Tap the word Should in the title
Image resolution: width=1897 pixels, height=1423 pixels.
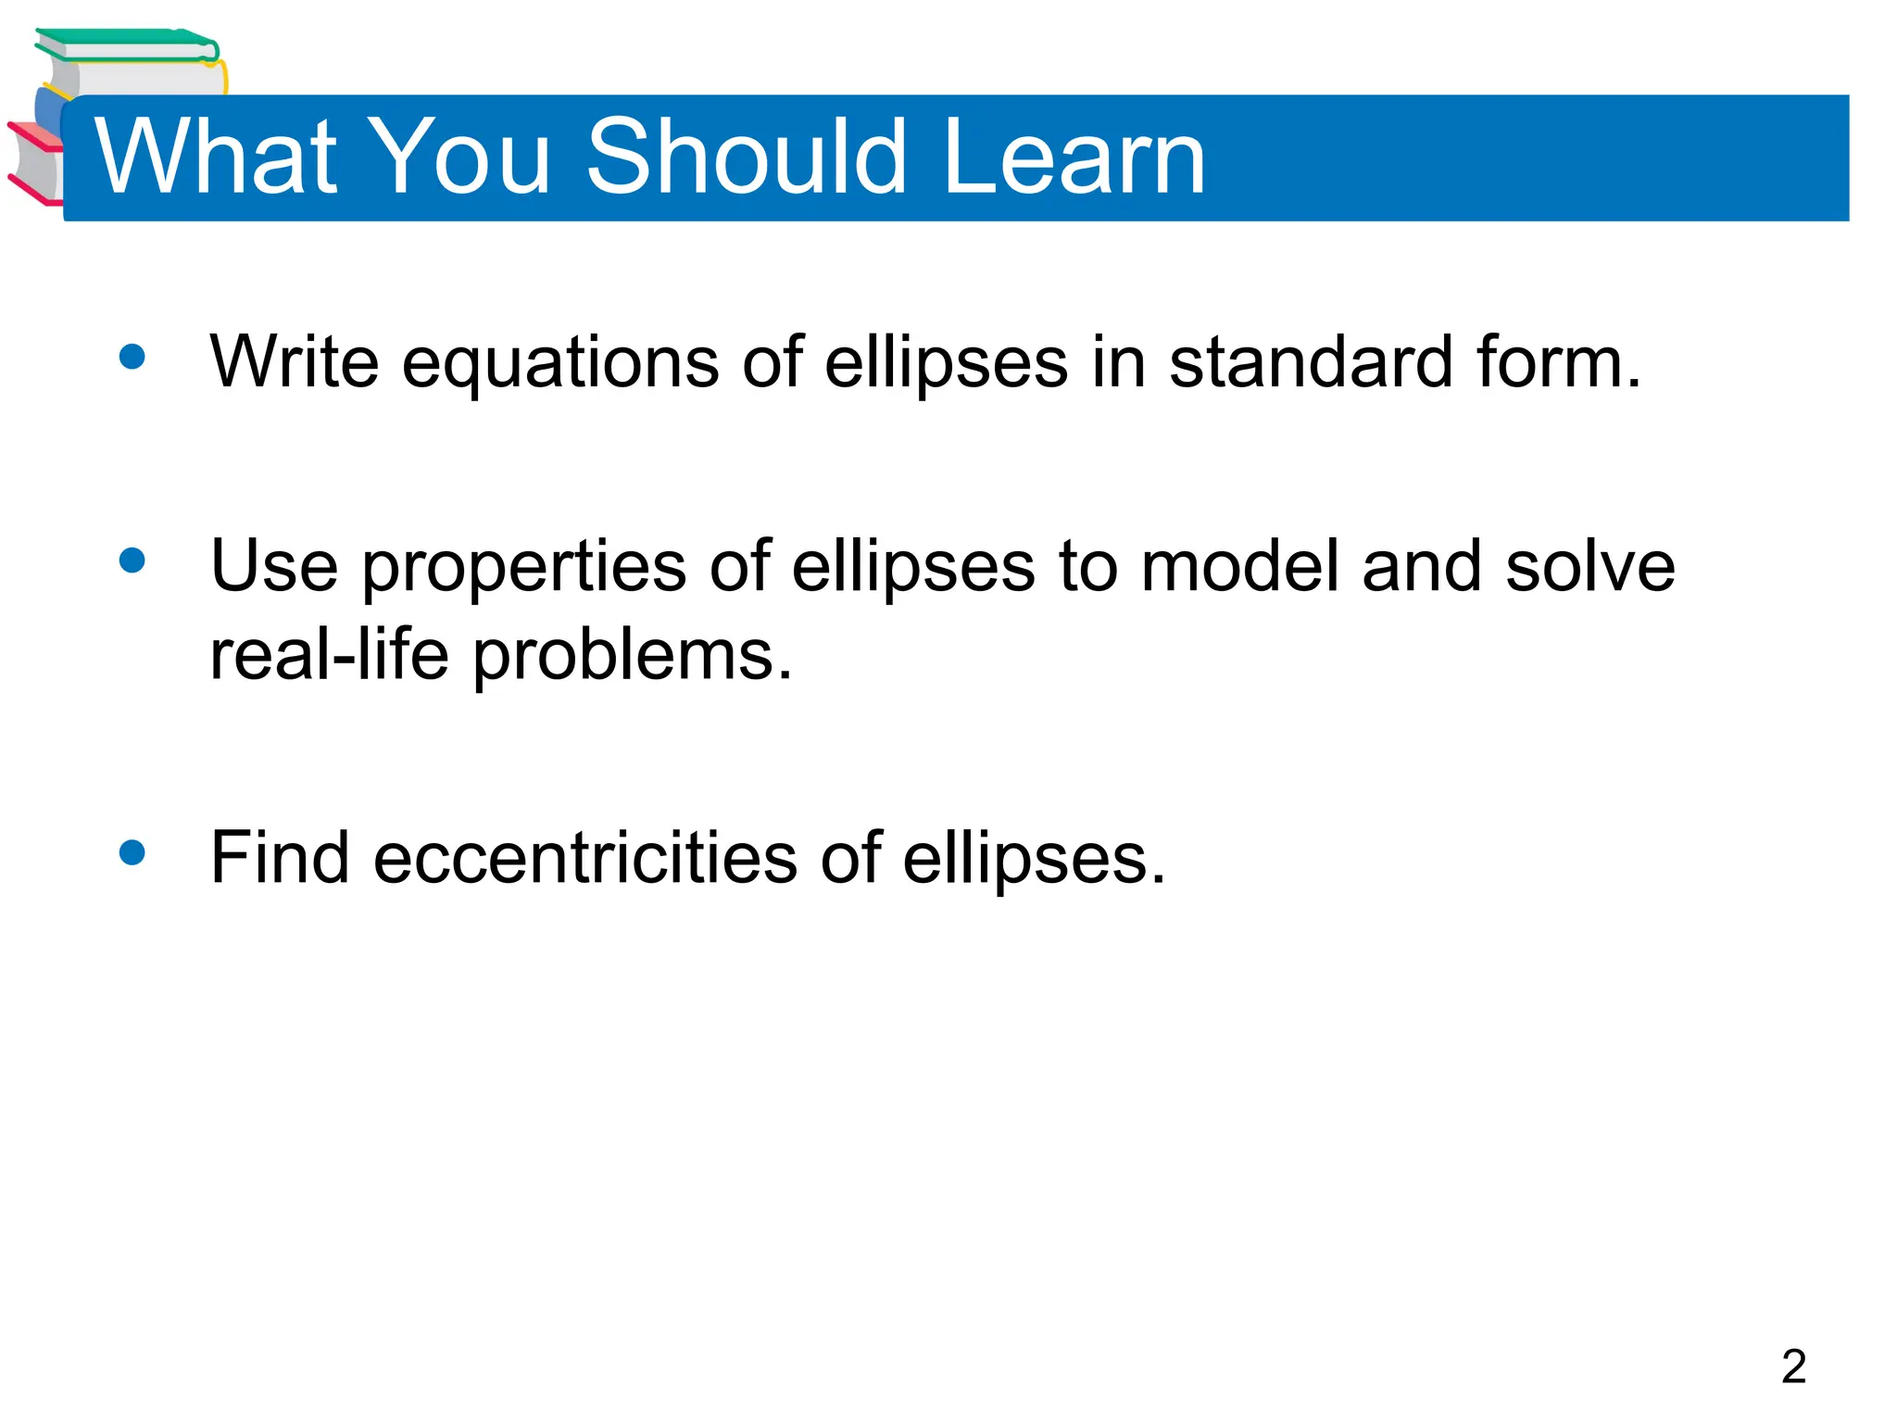[x=747, y=157]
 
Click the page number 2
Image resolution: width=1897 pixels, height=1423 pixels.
[x=1793, y=1366]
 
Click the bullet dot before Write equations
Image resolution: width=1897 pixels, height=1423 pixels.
[x=132, y=357]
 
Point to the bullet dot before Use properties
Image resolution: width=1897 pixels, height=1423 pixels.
[x=132, y=560]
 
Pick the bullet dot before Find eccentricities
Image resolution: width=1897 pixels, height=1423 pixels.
[x=132, y=852]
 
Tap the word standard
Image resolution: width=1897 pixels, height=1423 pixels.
[x=1310, y=361]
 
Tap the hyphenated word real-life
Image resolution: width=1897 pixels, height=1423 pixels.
[x=329, y=654]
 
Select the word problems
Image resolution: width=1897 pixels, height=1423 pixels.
[x=632, y=656]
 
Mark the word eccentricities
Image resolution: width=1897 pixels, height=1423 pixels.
[x=584, y=857]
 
